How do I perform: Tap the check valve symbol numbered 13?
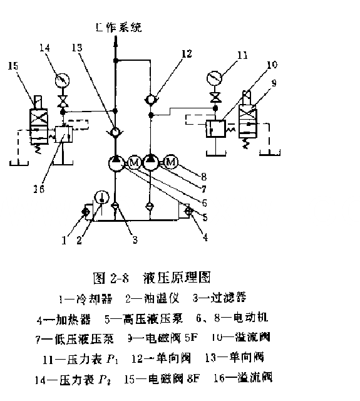[116, 133]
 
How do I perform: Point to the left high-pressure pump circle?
[116, 164]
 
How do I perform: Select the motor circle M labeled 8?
[171, 164]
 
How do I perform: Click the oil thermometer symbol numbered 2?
[100, 197]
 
